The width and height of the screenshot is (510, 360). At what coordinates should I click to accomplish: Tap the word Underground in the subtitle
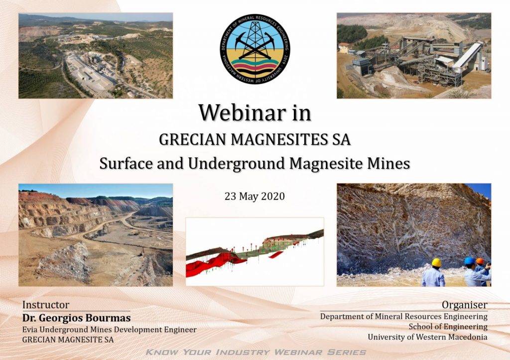(237, 164)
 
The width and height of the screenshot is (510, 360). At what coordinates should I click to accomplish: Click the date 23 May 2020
(255, 196)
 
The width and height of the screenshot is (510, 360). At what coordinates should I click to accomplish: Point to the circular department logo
(255, 49)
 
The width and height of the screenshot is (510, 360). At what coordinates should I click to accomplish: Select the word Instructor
(45, 305)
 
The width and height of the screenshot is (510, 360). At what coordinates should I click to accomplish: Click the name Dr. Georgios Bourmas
(76, 318)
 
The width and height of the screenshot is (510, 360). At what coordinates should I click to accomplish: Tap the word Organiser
(465, 305)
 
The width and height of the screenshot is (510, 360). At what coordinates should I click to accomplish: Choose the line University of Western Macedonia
(427, 337)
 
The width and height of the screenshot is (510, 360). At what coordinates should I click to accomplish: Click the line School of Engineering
(448, 327)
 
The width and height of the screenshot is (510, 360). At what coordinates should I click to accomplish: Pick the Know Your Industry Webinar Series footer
(255, 352)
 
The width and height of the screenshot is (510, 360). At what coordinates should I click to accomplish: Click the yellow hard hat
(436, 262)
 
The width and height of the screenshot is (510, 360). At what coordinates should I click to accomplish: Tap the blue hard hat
(470, 260)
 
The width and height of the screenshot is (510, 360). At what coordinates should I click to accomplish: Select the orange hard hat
(480, 261)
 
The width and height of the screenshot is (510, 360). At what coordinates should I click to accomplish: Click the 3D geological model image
(255, 252)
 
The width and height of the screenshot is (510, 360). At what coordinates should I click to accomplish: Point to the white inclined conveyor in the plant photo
(468, 55)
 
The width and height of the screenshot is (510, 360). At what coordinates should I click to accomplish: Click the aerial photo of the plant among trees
(96, 56)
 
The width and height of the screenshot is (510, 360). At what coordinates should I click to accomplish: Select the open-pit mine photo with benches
(96, 235)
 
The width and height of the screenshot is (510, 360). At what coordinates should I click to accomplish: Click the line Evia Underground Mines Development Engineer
(109, 330)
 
